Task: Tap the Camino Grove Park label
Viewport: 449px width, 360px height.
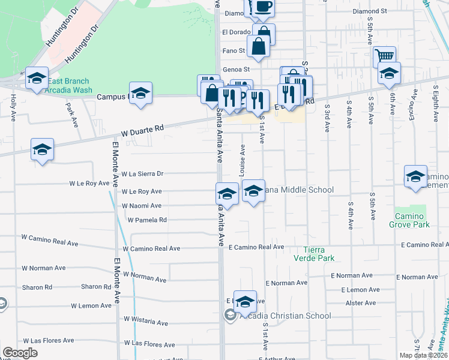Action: click(412, 220)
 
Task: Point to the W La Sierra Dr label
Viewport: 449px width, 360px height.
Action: click(142, 174)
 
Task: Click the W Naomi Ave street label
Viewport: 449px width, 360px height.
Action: click(142, 206)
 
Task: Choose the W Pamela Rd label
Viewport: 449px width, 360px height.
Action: click(146, 220)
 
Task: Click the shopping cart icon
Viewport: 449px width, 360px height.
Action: click(384, 56)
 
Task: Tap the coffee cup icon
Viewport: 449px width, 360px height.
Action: click(263, 7)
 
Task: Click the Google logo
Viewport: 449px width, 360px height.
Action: click(20, 353)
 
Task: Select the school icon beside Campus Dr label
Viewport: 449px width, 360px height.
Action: click(140, 93)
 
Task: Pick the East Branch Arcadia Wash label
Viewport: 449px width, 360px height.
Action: click(70, 86)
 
